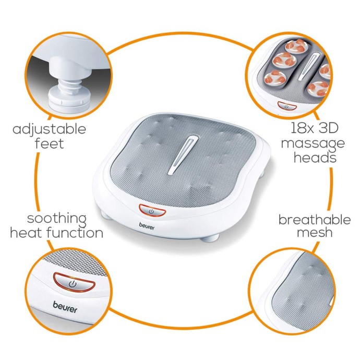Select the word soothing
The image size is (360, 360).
coord(56,218)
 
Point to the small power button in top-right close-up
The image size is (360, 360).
coord(286,106)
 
